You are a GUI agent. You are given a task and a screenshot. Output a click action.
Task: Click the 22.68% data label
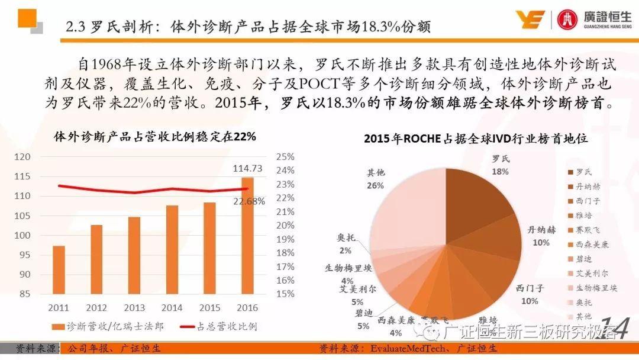tap(249, 201)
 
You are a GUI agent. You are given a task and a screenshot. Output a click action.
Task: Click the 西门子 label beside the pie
tap(529, 288)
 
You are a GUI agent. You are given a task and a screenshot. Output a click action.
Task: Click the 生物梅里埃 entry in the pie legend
tap(596, 288)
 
